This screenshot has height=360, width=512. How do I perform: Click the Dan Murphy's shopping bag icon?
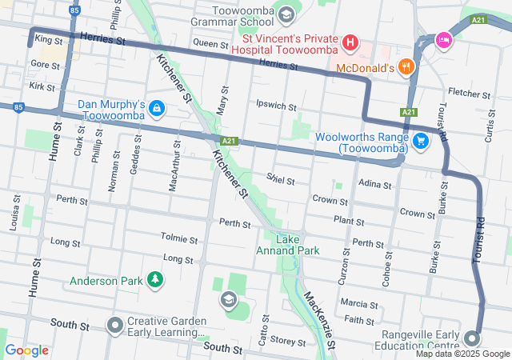pyautogui.click(x=156, y=107)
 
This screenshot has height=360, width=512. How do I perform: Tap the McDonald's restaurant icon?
pyautogui.click(x=406, y=68)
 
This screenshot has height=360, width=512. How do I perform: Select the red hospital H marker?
pyautogui.click(x=350, y=41)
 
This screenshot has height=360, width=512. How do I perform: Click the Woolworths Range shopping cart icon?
pyautogui.click(x=421, y=142)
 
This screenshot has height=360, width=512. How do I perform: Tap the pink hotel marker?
pyautogui.click(x=443, y=39)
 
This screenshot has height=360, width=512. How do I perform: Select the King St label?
pyautogui.click(x=49, y=39)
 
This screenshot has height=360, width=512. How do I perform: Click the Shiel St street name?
pyautogui.click(x=282, y=179)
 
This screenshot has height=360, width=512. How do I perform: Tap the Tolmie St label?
pyautogui.click(x=178, y=238)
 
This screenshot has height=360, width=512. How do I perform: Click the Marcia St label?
pyautogui.click(x=358, y=304)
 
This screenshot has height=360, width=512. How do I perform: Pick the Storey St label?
pyautogui.click(x=282, y=340)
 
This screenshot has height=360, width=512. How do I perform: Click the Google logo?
pyautogui.click(x=27, y=350)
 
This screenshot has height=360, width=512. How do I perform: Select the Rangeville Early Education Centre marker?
pyautogui.click(x=472, y=337)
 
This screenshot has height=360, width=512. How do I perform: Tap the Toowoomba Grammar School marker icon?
pyautogui.click(x=286, y=14)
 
